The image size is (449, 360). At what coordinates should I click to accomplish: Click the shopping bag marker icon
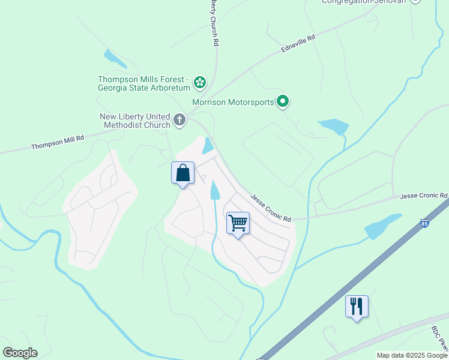[x=182, y=173]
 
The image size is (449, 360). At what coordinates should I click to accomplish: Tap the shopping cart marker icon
[x=238, y=223]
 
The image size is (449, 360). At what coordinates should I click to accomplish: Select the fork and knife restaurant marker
[x=357, y=306]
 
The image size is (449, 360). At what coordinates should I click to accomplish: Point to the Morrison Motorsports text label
[x=233, y=102]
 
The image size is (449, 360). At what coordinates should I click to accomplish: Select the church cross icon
[x=179, y=120]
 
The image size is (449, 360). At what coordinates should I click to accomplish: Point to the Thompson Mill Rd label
[x=58, y=142]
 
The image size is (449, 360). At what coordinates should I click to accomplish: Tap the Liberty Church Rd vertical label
[x=213, y=22]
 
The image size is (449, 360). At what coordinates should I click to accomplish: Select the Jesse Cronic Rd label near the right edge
[x=424, y=196]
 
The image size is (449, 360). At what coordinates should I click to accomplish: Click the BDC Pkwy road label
[x=439, y=338]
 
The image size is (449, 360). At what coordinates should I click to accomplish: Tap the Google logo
[x=20, y=353]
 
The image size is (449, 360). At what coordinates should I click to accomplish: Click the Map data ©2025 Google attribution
[x=411, y=355]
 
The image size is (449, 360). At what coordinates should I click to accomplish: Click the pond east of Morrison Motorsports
[x=333, y=127]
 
